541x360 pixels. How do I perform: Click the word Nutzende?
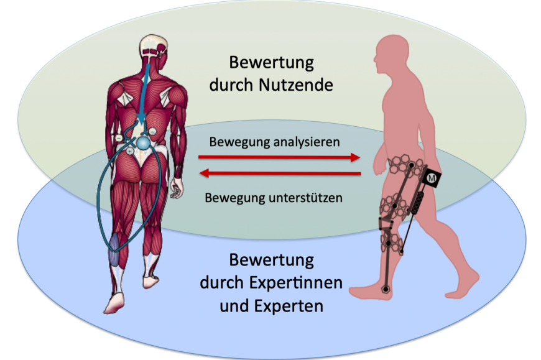click(x=296, y=85)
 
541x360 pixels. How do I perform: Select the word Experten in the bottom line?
click(x=289, y=306)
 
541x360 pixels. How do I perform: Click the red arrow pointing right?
click(x=279, y=157)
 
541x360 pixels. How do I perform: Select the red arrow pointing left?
click(x=280, y=173)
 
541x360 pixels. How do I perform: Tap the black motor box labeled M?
click(x=432, y=178)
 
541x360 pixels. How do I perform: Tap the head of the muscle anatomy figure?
click(x=154, y=47)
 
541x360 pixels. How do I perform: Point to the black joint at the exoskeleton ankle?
click(x=385, y=289)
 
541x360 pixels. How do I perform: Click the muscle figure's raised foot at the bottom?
click(x=114, y=303)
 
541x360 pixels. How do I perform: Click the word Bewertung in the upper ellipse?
click(x=272, y=63)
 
